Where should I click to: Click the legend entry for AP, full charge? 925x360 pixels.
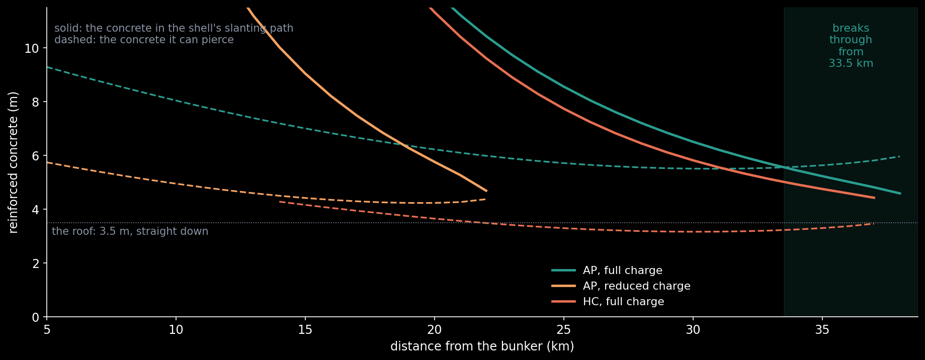607,271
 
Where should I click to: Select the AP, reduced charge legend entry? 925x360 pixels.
621,286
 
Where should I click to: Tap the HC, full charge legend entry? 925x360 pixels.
608,302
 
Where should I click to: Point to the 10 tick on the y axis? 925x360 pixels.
32,48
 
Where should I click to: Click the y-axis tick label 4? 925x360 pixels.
36,210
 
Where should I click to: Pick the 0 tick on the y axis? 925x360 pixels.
36,317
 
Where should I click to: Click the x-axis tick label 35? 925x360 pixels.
822,329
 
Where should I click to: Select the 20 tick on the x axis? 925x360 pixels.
435,329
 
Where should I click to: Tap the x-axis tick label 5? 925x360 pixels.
47,329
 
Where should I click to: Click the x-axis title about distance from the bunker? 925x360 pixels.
482,346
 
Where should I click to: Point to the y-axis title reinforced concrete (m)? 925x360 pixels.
14,162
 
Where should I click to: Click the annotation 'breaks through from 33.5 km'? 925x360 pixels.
851,46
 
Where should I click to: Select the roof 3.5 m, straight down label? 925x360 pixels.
130,231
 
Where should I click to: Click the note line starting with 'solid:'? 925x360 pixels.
174,28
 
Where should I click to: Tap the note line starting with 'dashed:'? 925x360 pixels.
144,40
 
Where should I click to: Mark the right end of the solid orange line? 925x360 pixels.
486,191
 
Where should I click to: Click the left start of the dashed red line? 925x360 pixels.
280,202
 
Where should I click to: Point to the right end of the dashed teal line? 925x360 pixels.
899,156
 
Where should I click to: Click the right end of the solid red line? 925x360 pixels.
874,198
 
